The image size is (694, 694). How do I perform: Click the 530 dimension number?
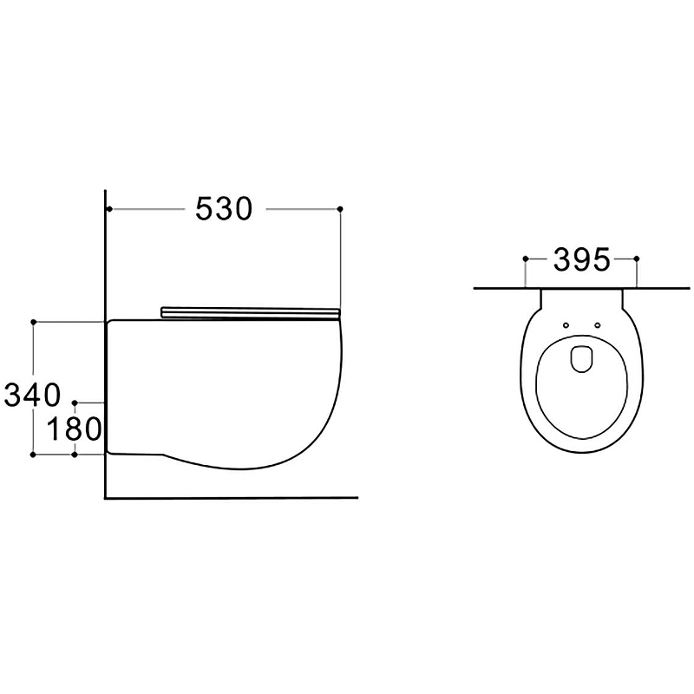(224, 209)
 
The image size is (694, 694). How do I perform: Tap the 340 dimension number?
(32, 396)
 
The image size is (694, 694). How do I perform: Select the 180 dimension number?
(74, 429)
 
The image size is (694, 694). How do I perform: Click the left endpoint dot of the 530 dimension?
(109, 208)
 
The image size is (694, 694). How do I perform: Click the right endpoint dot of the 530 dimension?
(340, 208)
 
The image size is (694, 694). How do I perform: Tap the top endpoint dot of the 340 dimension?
(33, 322)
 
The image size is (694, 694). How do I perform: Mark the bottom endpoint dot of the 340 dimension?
(33, 454)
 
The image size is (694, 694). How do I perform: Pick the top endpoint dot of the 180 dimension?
(75, 403)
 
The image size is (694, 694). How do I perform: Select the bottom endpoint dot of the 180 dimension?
(75, 454)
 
